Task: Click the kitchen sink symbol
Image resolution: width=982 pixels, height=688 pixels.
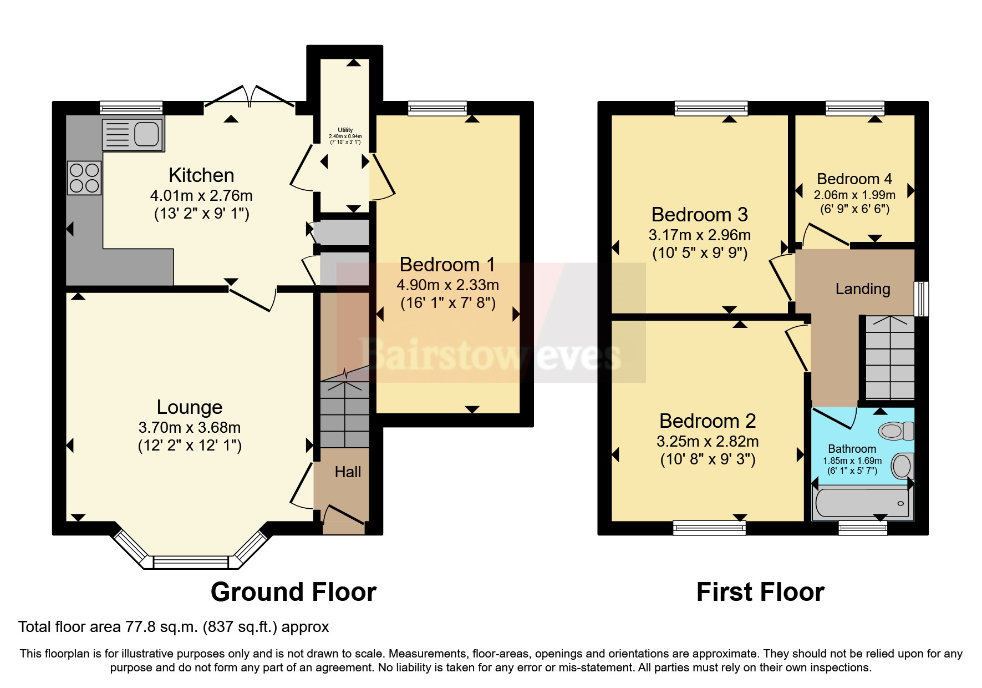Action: click(x=133, y=134)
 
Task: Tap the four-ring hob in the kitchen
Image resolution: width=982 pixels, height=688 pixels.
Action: click(x=84, y=178)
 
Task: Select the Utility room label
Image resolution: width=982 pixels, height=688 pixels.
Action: click(x=345, y=130)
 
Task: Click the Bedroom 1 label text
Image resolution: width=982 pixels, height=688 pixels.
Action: click(x=447, y=265)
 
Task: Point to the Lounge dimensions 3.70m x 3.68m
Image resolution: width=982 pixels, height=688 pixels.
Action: click(x=190, y=428)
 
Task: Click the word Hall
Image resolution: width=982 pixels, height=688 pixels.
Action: click(x=348, y=472)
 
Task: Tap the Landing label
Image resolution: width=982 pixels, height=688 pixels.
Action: click(x=863, y=289)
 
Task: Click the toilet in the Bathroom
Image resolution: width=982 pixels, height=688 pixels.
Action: click(x=897, y=431)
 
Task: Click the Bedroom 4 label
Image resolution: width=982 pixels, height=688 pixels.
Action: click(x=854, y=179)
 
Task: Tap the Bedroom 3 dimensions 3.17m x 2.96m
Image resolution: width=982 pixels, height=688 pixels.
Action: click(x=700, y=235)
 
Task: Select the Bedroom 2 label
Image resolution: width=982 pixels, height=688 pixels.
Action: click(x=708, y=421)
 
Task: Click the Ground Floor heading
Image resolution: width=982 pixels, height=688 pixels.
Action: click(x=293, y=592)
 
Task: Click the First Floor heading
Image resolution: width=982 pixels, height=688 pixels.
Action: click(x=760, y=592)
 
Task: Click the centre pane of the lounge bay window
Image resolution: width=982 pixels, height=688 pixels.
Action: click(x=191, y=563)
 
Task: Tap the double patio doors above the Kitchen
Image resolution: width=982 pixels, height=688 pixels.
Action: click(x=250, y=97)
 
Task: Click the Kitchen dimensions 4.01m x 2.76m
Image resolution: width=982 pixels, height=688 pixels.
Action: click(x=201, y=196)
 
